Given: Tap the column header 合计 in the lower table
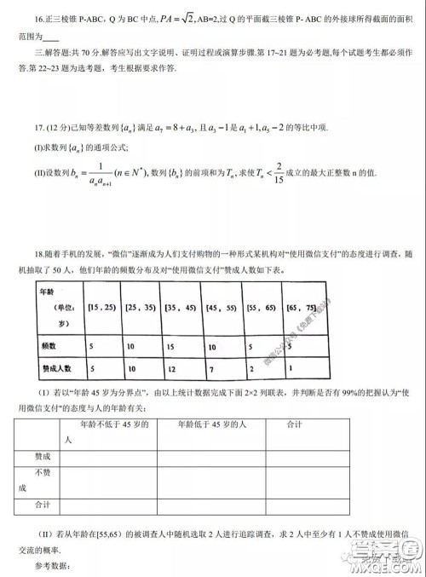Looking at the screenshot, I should (296, 424).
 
